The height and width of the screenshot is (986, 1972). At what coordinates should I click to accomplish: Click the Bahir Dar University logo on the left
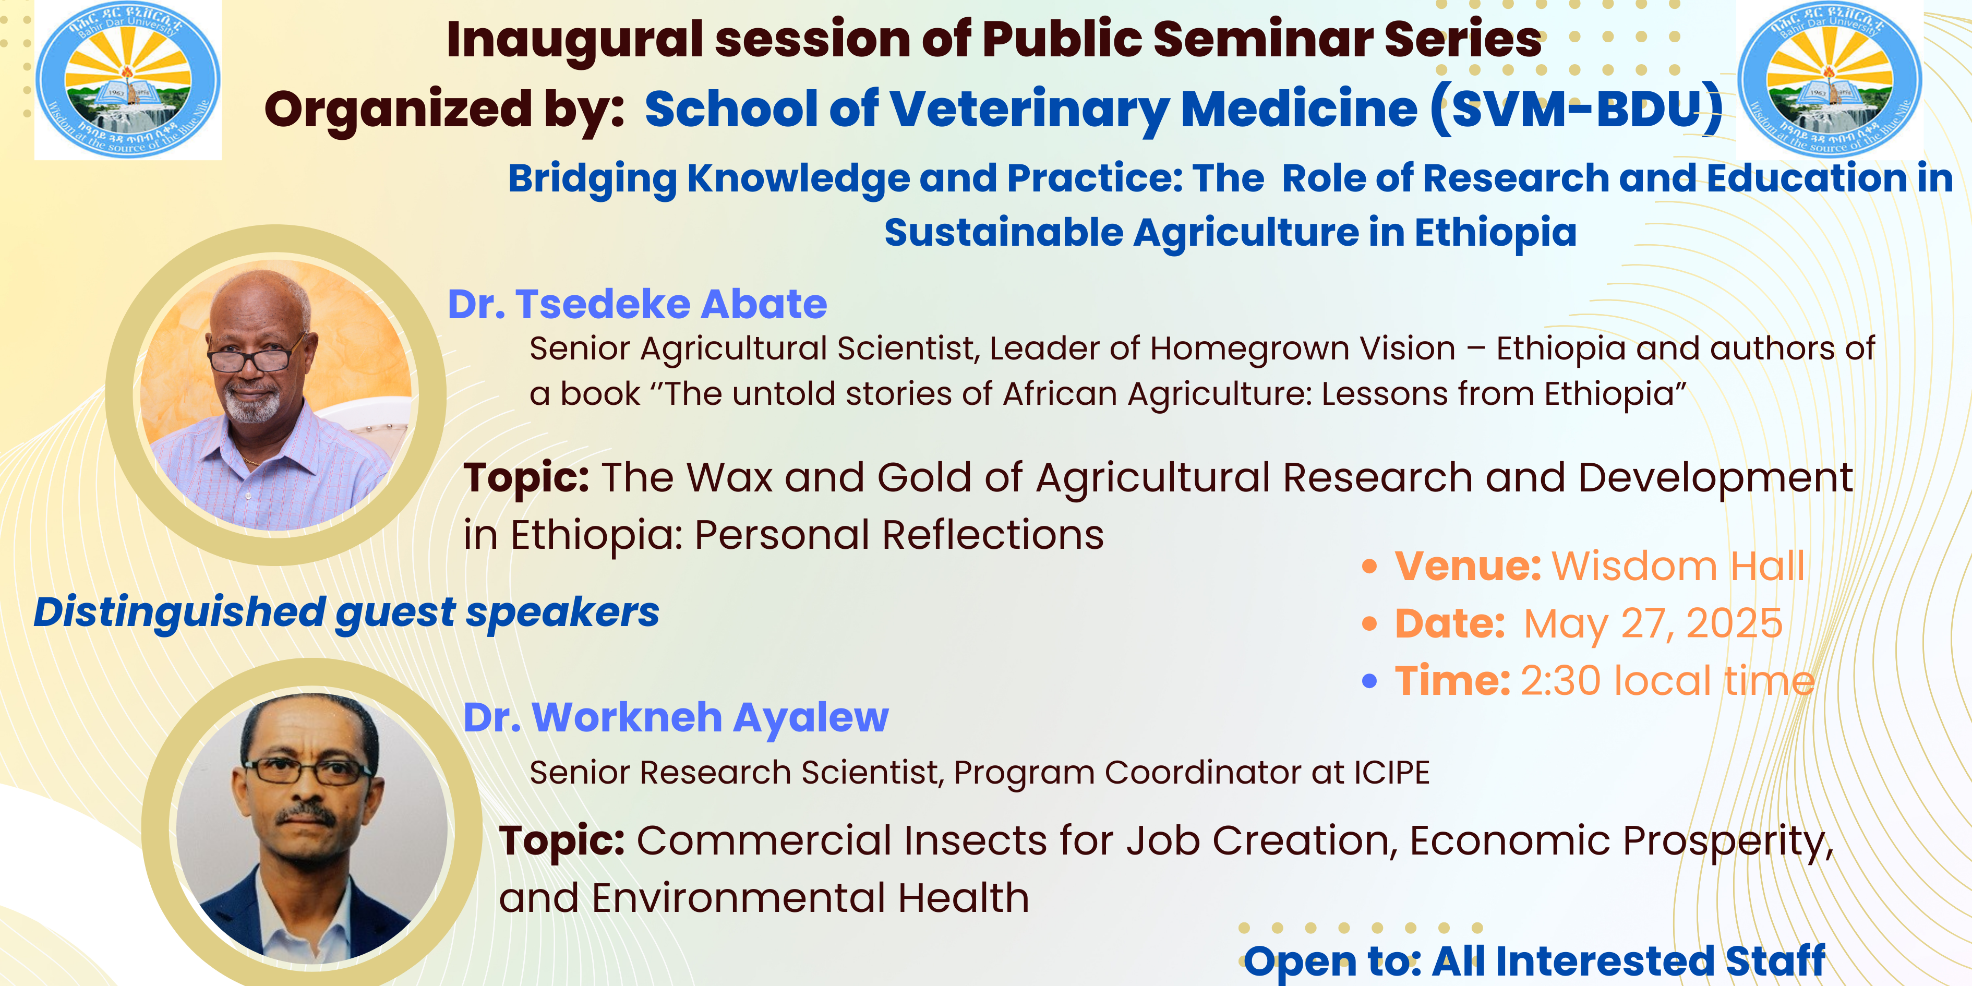128,80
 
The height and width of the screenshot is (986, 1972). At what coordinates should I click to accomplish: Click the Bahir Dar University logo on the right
1830,80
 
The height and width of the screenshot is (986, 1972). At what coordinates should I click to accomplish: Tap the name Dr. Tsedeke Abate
637,304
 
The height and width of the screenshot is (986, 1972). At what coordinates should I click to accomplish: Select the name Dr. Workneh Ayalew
676,718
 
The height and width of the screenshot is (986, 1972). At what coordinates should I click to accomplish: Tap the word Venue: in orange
1468,567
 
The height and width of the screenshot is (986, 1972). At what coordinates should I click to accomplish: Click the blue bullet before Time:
1369,681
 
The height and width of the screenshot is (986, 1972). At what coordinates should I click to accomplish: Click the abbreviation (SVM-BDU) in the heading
1578,110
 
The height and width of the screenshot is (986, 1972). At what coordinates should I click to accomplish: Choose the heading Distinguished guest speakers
346,613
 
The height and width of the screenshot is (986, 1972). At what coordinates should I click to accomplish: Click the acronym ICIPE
1391,773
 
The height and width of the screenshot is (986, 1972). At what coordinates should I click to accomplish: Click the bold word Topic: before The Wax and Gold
526,478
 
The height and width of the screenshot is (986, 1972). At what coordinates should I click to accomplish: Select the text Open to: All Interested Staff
1534,961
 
